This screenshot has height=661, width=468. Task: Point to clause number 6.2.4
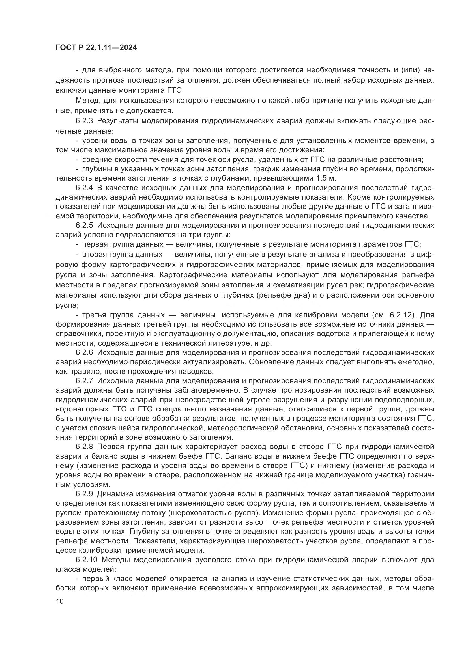[x=84, y=188]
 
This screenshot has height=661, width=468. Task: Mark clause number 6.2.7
[x=84, y=381]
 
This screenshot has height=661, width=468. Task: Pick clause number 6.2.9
[x=84, y=494]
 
